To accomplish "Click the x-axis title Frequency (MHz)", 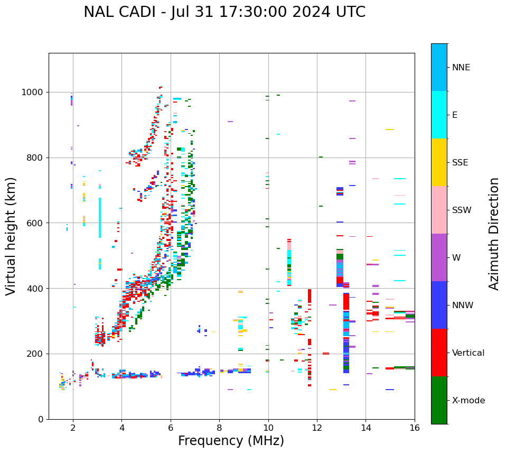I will [231, 441].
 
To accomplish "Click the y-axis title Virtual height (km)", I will [11, 236].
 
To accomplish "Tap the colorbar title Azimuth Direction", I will [494, 234].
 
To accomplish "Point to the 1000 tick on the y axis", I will [35, 93].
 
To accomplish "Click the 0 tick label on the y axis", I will [41, 419].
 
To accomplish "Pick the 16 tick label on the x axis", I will [415, 428].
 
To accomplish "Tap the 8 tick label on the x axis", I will [219, 428].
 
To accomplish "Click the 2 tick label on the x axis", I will [73, 428].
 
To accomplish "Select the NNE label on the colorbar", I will [461, 68].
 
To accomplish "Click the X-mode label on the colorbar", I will [468, 401].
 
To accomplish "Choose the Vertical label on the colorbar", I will [468, 353].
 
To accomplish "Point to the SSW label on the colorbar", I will [462, 210].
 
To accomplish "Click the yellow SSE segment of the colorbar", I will [439, 162].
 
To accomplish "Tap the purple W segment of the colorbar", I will [439, 257].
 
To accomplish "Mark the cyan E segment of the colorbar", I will [439, 115].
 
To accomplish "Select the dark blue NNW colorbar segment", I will [439, 305].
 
